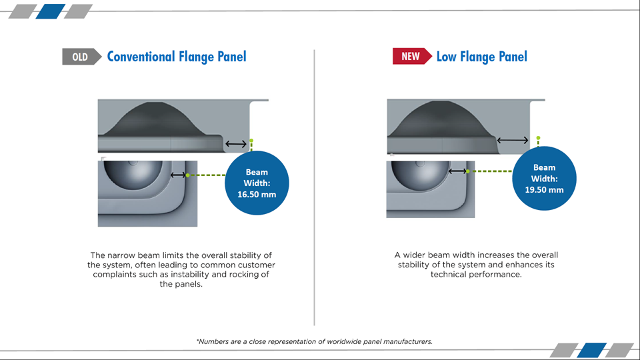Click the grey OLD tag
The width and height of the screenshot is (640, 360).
click(x=81, y=57)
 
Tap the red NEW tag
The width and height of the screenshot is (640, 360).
click(x=412, y=56)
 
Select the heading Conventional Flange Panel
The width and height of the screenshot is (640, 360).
click(x=177, y=57)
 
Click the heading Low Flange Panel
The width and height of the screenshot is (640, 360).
click(x=481, y=57)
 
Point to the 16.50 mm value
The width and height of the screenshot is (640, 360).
click(x=257, y=194)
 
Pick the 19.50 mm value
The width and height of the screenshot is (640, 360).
click(x=544, y=190)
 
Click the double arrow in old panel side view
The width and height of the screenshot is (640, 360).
click(x=236, y=144)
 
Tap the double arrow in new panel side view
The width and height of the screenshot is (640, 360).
click(x=513, y=140)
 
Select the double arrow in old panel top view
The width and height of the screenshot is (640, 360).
click(x=177, y=175)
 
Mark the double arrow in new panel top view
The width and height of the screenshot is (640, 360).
click(x=457, y=171)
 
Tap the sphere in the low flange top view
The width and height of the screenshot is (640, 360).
click(x=421, y=172)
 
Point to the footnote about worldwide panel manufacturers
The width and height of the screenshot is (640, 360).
click(x=314, y=341)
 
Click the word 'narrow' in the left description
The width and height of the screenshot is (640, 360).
click(x=121, y=255)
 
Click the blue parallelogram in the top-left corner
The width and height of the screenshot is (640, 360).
click(x=51, y=11)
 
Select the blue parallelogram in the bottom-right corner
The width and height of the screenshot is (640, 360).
click(x=592, y=350)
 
